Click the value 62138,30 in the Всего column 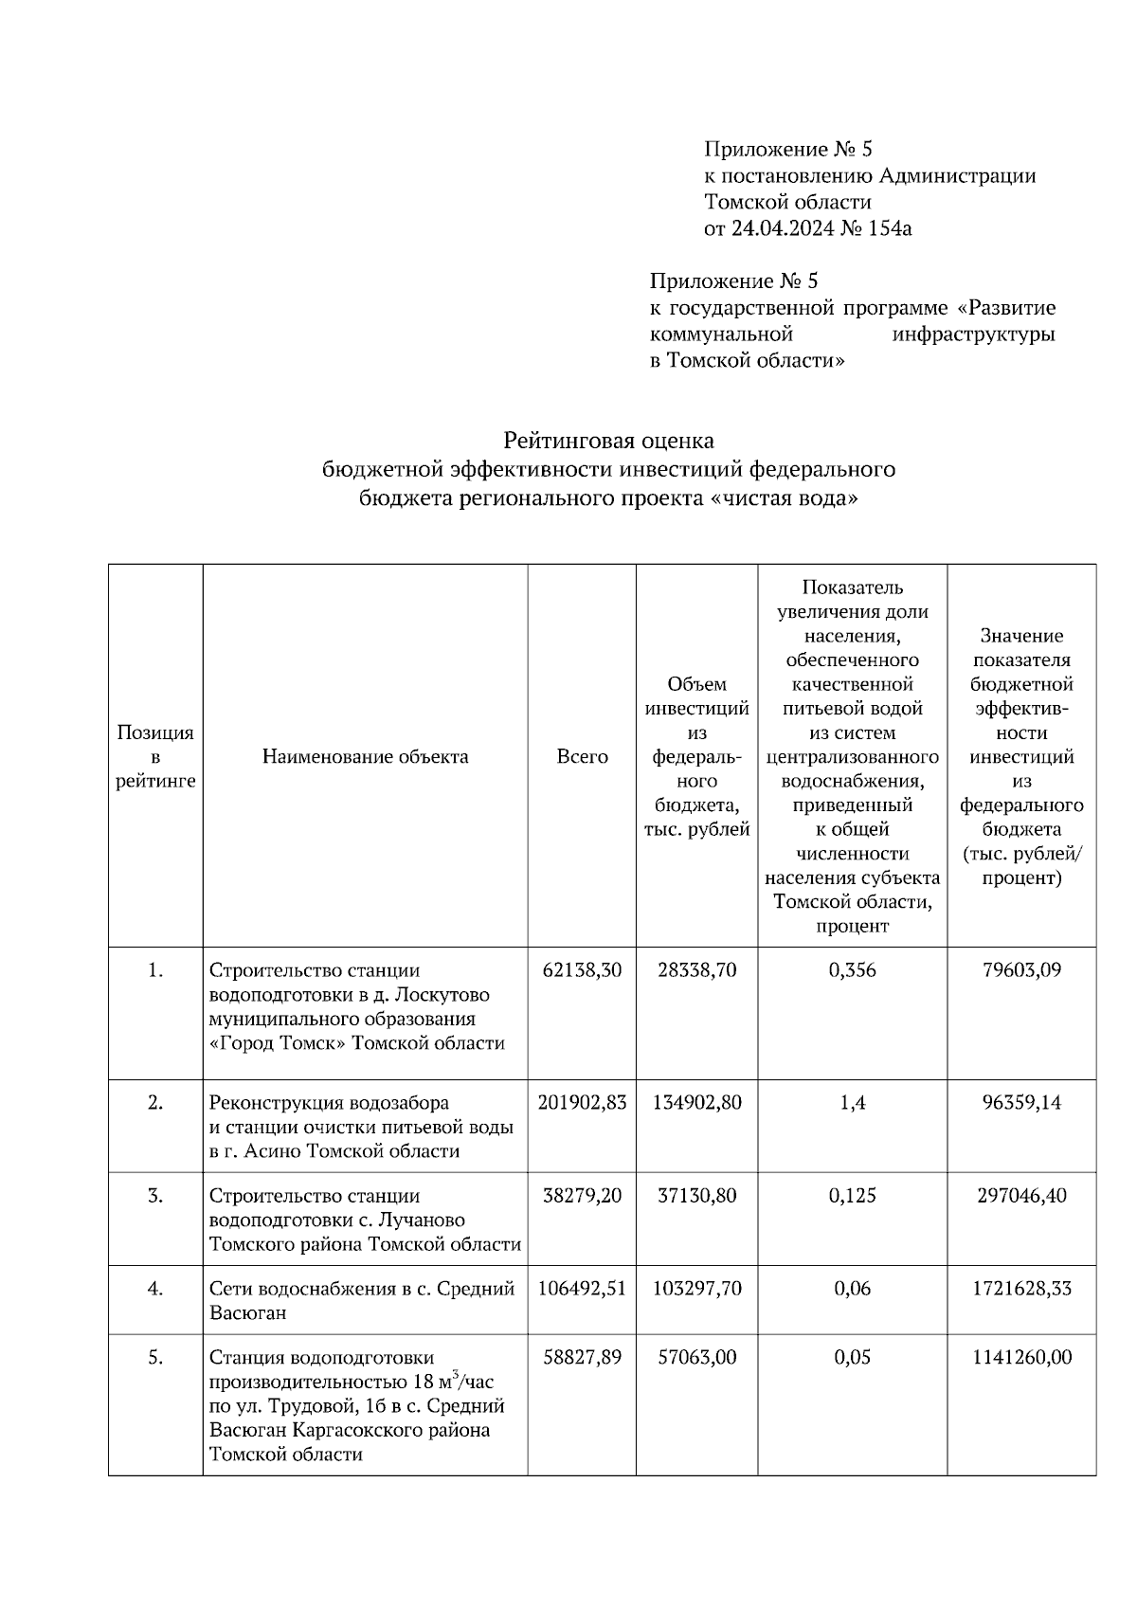(582, 970)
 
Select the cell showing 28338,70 (696, 970)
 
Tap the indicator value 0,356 (852, 970)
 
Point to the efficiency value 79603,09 (1021, 970)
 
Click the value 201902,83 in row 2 (582, 1103)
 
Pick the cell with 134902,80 (696, 1103)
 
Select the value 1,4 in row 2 (852, 1103)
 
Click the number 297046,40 (1021, 1196)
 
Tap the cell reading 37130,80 (696, 1196)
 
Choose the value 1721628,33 (1021, 1289)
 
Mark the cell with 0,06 (852, 1289)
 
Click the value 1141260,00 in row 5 (1021, 1358)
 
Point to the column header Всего (582, 757)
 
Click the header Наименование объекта (365, 757)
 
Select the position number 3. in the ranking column (155, 1196)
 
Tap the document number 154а (890, 228)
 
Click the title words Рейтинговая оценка (608, 441)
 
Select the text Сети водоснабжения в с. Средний (362, 1289)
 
